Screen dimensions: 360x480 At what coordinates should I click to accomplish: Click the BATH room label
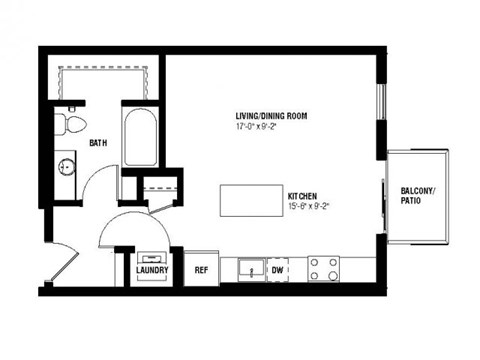coord(98,143)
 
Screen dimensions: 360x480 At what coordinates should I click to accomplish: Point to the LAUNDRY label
coord(152,270)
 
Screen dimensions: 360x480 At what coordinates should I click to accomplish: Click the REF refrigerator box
coord(201,269)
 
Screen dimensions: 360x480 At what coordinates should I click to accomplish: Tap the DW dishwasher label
coord(277,269)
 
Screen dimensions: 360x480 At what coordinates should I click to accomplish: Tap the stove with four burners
coord(325,269)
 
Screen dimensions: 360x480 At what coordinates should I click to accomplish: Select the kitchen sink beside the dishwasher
coord(248,269)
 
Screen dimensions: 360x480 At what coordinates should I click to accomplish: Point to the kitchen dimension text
coord(308,206)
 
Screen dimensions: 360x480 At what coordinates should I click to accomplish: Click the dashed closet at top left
coord(106,79)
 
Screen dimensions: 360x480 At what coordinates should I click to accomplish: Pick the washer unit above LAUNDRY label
coord(152,253)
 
